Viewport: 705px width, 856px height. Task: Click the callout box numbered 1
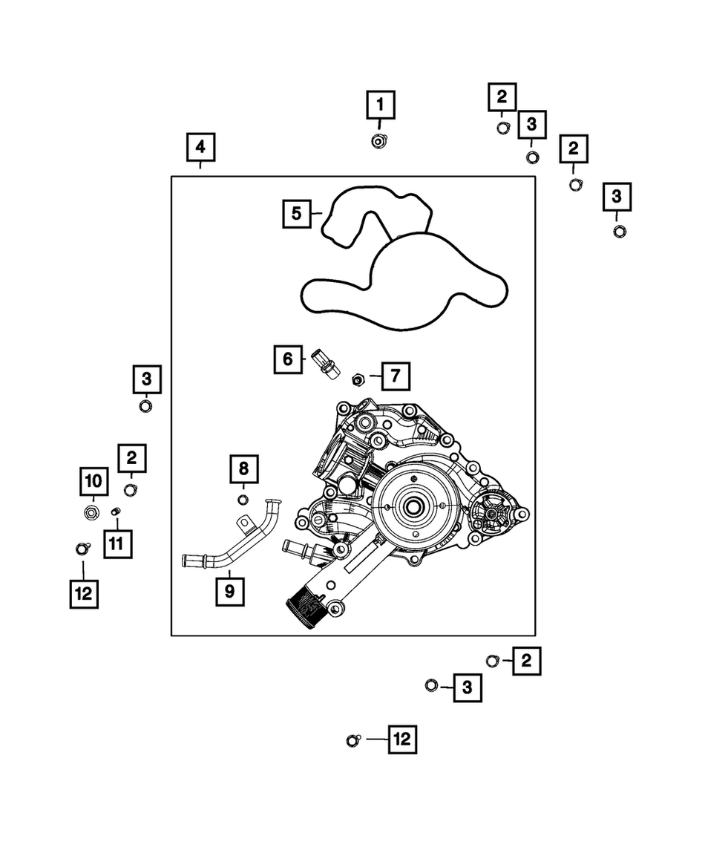[x=380, y=105]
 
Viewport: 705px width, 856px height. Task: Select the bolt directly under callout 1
[x=378, y=140]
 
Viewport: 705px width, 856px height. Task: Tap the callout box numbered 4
[x=200, y=147]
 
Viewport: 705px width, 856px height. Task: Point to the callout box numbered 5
[x=296, y=214]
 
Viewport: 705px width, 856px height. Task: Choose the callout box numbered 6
[x=287, y=360]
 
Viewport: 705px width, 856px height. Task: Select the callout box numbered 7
[x=395, y=376]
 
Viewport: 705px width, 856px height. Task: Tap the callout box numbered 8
[x=243, y=468]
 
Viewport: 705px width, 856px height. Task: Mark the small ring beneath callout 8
[x=243, y=497]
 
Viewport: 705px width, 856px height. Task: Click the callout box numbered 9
[x=229, y=592]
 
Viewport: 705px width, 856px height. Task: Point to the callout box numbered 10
[x=94, y=482]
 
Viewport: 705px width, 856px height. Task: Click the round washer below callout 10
[x=93, y=512]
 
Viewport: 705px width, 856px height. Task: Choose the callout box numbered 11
[x=117, y=543]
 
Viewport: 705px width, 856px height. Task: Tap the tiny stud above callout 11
[x=116, y=512]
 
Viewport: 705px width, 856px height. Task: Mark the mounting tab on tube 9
[x=243, y=524]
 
